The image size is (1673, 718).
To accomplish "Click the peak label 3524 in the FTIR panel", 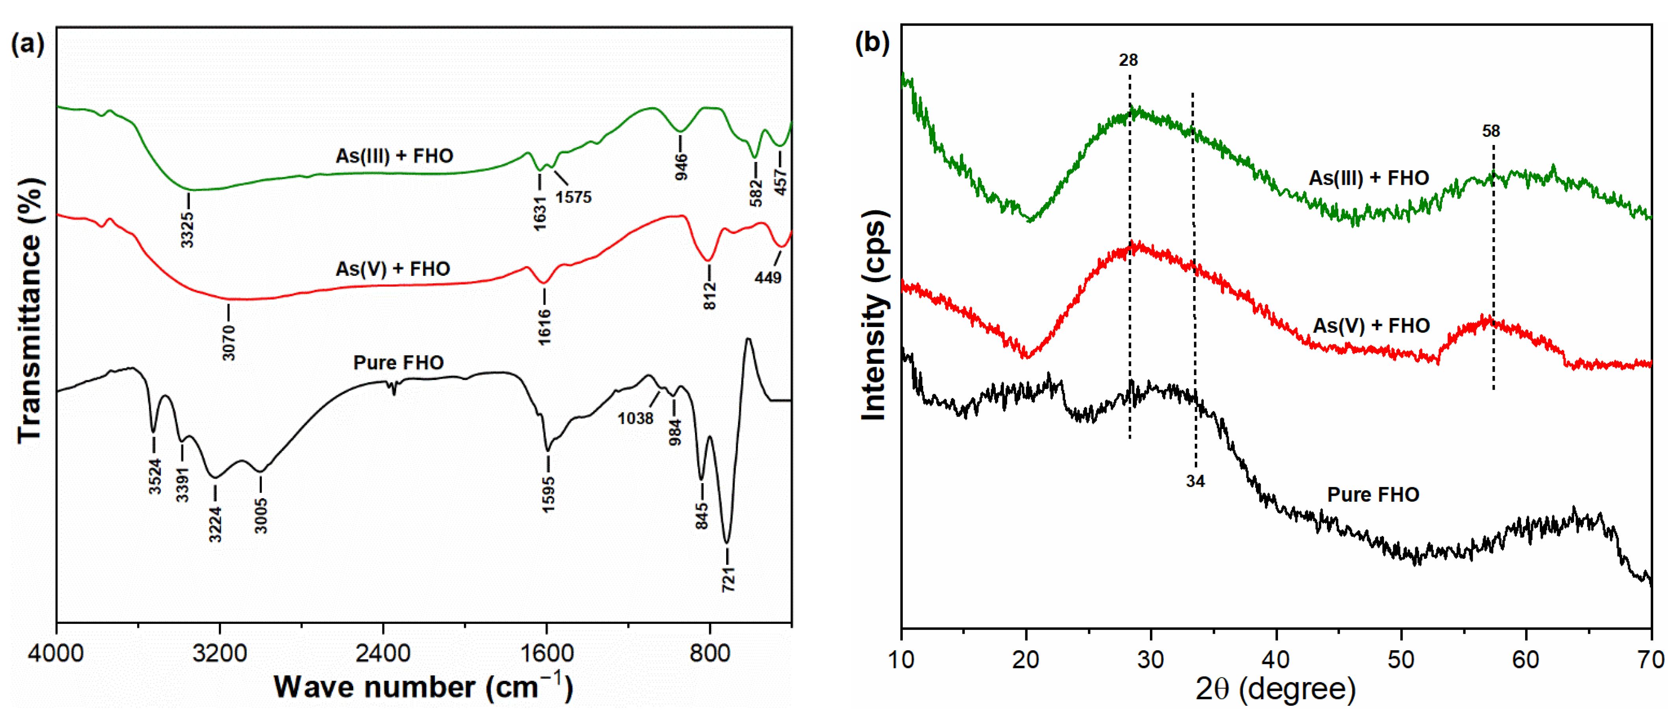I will coord(155,476).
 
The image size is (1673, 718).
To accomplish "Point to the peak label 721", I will coord(728,578).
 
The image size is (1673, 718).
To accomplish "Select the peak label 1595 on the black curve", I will coord(549,495).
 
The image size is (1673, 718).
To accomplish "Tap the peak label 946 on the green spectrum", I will coord(681,167).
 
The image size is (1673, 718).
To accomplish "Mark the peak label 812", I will coord(710,296).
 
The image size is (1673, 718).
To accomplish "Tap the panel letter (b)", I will coord(872,43).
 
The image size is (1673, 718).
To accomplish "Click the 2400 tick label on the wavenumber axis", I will coord(383,653).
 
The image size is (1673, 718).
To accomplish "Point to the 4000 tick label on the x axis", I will coord(56,653).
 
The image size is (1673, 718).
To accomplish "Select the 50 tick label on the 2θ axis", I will coord(1401,660).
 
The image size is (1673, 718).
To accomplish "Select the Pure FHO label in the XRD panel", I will coord(1373,495).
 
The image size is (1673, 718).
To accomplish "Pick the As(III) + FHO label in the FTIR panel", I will coord(394,156).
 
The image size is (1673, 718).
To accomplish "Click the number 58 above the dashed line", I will coord(1491,131).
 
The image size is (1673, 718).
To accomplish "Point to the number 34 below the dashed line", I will coord(1195,481).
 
